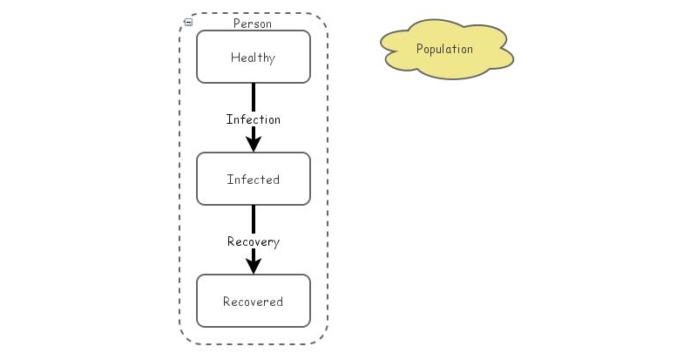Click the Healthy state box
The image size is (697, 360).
[x=254, y=58]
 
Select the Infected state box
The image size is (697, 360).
[x=254, y=180]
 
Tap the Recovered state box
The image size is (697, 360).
[x=254, y=302]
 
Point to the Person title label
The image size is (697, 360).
[x=253, y=24]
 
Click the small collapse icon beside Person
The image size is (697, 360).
[x=188, y=23]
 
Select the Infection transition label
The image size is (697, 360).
[x=254, y=119]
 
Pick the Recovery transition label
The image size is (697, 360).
[x=254, y=241]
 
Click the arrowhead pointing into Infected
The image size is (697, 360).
[x=254, y=142]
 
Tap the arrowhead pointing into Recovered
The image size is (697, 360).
[x=254, y=264]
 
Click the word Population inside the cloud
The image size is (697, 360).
[x=445, y=49]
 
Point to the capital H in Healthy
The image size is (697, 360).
[x=234, y=58]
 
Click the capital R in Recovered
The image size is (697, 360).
[x=227, y=302]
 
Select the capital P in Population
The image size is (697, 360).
[x=420, y=49]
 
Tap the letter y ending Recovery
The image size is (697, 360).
[x=276, y=242]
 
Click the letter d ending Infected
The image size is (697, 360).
[x=276, y=180]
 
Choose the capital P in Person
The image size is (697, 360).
[x=237, y=24]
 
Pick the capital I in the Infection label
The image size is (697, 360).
[x=229, y=119]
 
